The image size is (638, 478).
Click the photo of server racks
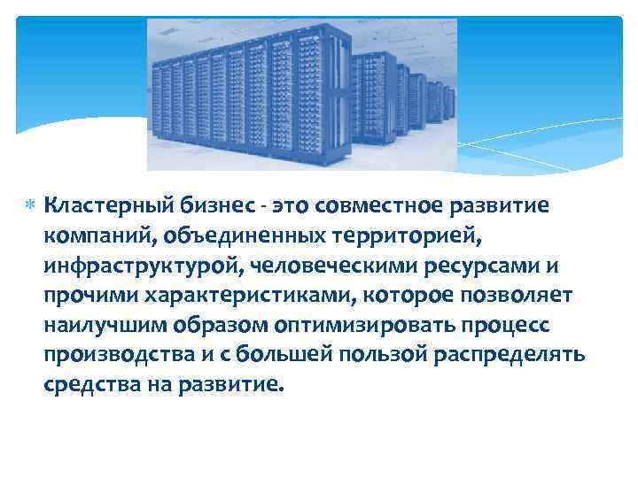[x=301, y=93]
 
